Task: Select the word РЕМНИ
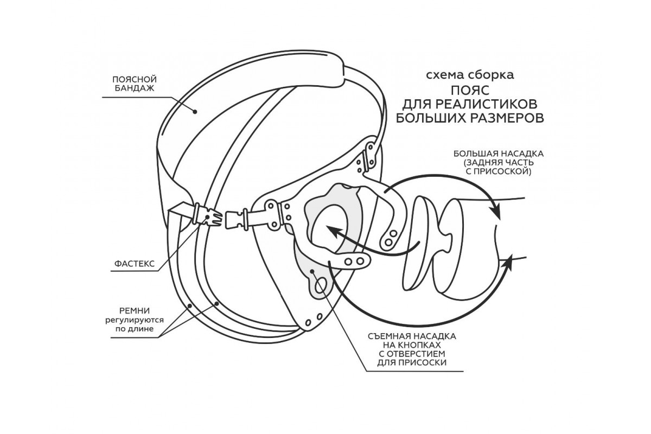(x=132, y=311)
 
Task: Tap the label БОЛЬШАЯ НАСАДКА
(x=498, y=155)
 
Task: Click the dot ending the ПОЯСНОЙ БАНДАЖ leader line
(x=195, y=111)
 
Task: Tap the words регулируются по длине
(x=132, y=325)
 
